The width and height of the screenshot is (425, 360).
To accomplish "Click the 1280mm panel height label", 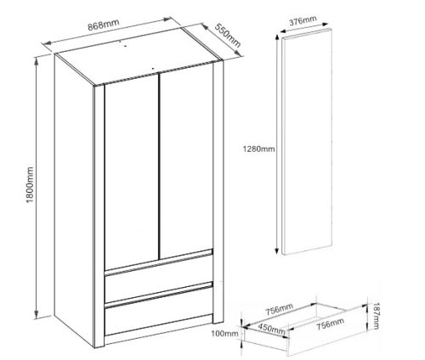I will [259, 149].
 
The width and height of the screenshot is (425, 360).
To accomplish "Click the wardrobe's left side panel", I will [76, 204].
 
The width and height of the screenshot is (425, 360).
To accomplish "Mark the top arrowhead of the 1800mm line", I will [36, 59].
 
